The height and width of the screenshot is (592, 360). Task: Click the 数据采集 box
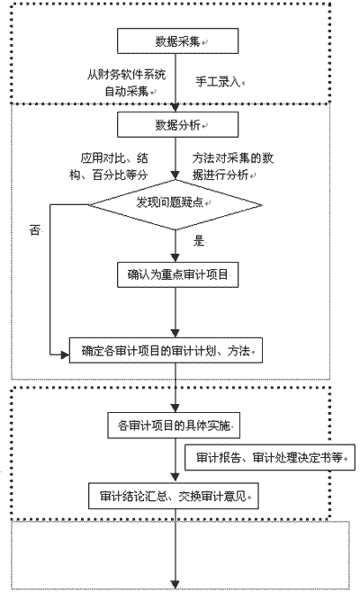[177, 40]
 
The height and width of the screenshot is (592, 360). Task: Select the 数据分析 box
[177, 124]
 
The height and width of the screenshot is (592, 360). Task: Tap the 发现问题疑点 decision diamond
[175, 204]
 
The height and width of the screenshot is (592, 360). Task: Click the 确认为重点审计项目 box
[177, 274]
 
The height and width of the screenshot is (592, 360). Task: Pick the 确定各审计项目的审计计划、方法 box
[166, 351]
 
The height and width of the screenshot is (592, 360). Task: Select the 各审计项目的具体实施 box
[174, 426]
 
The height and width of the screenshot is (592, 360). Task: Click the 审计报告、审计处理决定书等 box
[270, 457]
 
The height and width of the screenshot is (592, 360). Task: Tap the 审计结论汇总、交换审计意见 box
[174, 496]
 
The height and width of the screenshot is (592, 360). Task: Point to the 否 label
[35, 229]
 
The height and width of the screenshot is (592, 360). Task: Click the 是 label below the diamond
[199, 240]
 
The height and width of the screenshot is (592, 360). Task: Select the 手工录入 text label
[218, 82]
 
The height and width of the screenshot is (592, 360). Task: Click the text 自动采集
[127, 91]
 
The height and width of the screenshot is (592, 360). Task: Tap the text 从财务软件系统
[127, 75]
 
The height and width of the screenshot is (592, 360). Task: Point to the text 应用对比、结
[114, 157]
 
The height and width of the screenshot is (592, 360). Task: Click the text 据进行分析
[220, 175]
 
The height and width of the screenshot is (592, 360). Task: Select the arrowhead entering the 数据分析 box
[175, 108]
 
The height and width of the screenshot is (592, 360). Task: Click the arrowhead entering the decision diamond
[175, 175]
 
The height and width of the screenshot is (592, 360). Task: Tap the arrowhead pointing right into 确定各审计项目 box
[65, 354]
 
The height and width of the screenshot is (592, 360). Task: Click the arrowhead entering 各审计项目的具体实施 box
[175, 408]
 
